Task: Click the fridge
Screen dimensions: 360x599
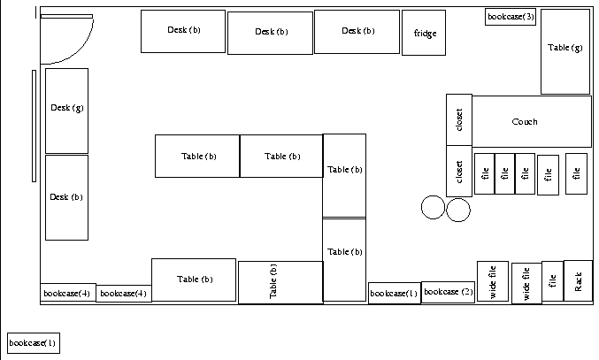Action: pos(424,34)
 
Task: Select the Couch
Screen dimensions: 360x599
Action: pos(531,122)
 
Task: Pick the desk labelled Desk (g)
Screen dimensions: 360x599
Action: pos(67,110)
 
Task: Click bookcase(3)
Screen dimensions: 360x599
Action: pos(511,17)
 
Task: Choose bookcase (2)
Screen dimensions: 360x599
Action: pos(448,292)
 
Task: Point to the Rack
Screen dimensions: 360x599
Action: pos(578,281)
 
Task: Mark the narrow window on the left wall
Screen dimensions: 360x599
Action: pos(34,124)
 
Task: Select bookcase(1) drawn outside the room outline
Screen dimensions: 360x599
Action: pos(33,343)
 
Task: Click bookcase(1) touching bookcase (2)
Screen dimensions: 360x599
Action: pos(394,293)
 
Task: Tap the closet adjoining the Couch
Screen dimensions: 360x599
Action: pos(459,119)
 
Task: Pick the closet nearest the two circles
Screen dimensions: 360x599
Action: pos(459,171)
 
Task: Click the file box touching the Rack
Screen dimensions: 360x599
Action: pos(552,281)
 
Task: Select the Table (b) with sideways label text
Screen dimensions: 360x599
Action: pos(280,282)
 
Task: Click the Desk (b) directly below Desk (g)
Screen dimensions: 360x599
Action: pos(67,197)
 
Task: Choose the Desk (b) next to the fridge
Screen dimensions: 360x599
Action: pos(357,32)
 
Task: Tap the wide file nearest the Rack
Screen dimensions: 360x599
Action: pos(526,283)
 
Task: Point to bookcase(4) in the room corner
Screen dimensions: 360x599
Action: pos(67,293)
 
